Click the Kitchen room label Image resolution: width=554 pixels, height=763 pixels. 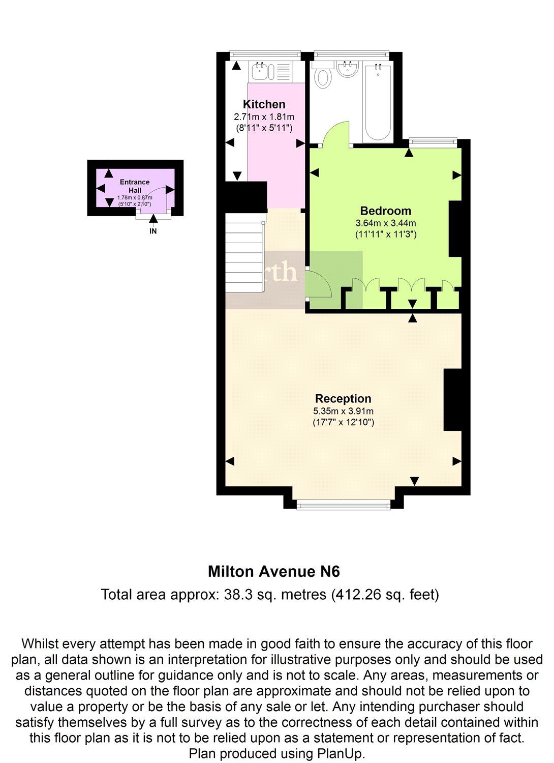click(264, 104)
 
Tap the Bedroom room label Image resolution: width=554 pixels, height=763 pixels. click(385, 211)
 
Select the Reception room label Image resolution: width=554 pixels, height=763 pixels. click(343, 398)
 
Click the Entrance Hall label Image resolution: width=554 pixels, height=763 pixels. click(135, 186)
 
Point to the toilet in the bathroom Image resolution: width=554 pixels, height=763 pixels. click(323, 76)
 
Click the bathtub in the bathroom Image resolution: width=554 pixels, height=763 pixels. click(378, 102)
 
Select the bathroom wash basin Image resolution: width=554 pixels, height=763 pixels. click(348, 69)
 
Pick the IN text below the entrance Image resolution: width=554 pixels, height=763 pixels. click(153, 231)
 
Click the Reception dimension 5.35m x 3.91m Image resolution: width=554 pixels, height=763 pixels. click(343, 411)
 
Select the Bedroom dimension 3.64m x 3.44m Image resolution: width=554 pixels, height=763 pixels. click(385, 223)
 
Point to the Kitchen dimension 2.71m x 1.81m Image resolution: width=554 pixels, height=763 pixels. click(264, 116)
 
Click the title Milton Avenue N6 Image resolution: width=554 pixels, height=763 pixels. click(273, 571)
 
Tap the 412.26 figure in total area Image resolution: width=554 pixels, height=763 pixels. click(356, 594)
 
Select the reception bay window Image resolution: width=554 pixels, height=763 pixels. click(344, 505)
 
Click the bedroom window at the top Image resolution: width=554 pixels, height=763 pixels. click(433, 142)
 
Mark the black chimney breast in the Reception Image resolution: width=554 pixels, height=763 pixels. click(452, 400)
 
